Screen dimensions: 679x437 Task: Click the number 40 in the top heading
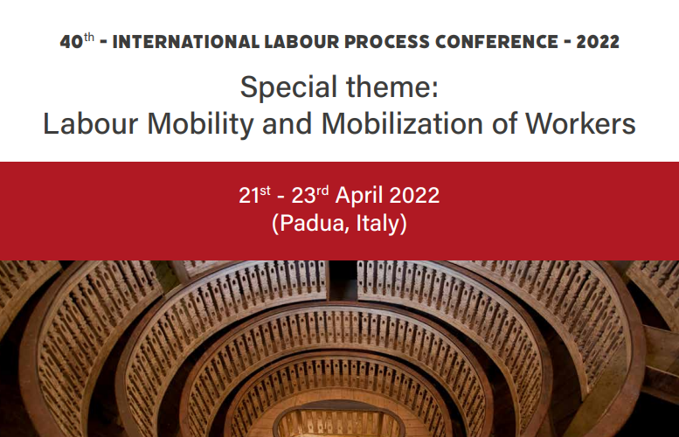72,42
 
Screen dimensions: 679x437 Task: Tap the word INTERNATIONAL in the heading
186,42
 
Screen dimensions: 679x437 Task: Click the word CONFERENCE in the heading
496,42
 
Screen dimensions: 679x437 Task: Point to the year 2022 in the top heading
598,42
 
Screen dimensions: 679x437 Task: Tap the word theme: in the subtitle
392,87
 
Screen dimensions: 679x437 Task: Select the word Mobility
200,125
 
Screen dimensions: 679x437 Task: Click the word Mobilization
402,123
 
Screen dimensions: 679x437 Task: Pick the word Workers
580,123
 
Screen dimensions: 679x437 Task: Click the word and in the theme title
288,123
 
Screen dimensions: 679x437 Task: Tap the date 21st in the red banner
254,195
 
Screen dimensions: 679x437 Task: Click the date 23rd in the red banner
310,195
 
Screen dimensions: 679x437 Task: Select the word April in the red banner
359,196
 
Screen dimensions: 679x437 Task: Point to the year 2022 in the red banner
414,195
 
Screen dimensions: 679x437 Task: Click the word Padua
311,224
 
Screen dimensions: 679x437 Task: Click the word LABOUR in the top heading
301,42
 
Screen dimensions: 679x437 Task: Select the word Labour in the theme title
91,123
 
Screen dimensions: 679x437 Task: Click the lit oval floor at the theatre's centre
339,423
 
